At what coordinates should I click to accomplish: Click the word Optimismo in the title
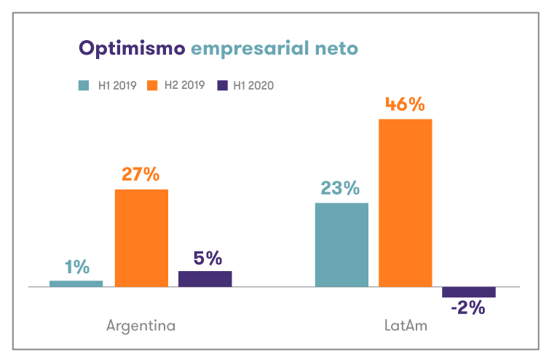[131, 49]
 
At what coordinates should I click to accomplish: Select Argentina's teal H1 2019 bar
[76, 283]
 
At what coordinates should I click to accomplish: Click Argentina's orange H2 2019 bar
[141, 238]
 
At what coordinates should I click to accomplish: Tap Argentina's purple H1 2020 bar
[205, 279]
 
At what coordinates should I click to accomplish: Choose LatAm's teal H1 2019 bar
[341, 245]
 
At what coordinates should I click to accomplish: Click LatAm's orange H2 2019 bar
[406, 203]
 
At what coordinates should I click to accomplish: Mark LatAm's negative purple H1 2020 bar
[469, 292]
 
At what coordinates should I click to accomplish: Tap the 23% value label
[341, 189]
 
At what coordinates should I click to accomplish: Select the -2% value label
[468, 309]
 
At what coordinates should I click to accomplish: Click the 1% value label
[76, 267]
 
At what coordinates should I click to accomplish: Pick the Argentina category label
[141, 326]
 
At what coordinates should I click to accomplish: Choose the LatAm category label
[406, 326]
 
